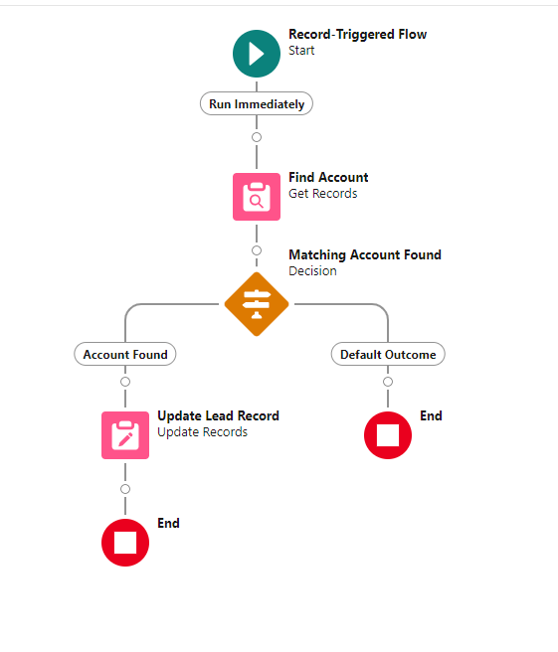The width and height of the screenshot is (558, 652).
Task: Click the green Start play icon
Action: pos(257,53)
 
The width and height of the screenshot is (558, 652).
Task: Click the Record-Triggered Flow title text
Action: pos(357,35)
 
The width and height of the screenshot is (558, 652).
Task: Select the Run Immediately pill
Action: pos(257,104)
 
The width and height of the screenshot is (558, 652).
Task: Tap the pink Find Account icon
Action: pos(257,197)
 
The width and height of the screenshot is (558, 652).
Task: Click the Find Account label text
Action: pos(328,178)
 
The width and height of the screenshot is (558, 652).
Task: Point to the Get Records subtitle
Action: pos(322,194)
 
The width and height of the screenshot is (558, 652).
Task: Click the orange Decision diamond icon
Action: pos(257,304)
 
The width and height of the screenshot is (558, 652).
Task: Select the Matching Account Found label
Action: pos(364,255)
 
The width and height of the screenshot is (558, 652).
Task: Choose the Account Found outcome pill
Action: pos(125,354)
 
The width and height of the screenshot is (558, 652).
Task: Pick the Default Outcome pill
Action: pos(388,354)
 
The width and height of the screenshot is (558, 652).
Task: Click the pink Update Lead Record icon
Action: pos(125,435)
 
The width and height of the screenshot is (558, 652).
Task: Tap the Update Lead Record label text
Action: pos(218,416)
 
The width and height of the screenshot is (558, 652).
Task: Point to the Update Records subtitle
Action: pos(202,432)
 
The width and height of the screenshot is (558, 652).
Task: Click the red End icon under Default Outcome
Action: pos(388,435)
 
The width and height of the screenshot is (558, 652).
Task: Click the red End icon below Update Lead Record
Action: pos(125,543)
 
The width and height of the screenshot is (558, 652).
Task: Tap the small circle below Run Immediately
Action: pos(257,137)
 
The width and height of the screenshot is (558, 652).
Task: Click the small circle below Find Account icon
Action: pos(257,250)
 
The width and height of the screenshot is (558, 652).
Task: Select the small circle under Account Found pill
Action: pos(125,382)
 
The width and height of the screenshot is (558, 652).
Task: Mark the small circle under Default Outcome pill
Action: pos(388,382)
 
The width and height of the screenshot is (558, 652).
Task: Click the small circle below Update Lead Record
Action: pos(125,489)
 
